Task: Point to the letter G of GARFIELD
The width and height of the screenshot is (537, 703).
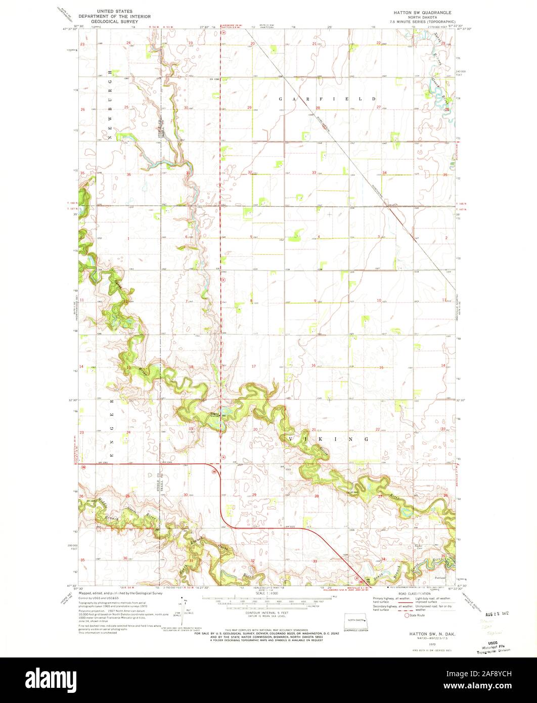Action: point(281,99)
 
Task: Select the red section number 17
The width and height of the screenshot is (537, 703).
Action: point(254,366)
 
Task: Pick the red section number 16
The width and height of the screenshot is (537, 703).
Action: point(314,365)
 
